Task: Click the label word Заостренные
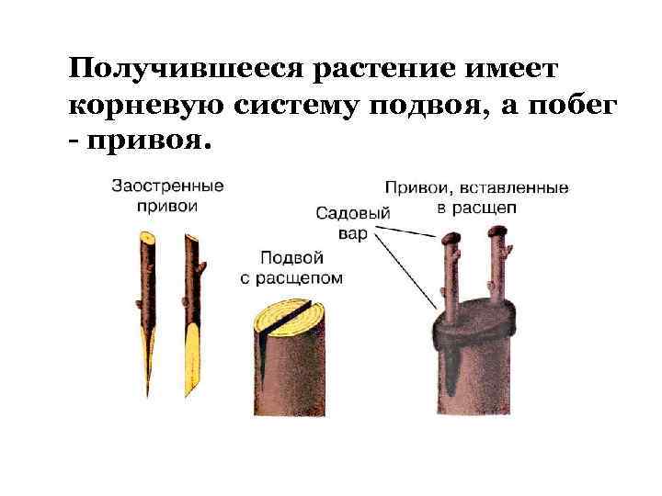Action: coord(167,186)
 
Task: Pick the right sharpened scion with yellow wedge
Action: coord(191,312)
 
